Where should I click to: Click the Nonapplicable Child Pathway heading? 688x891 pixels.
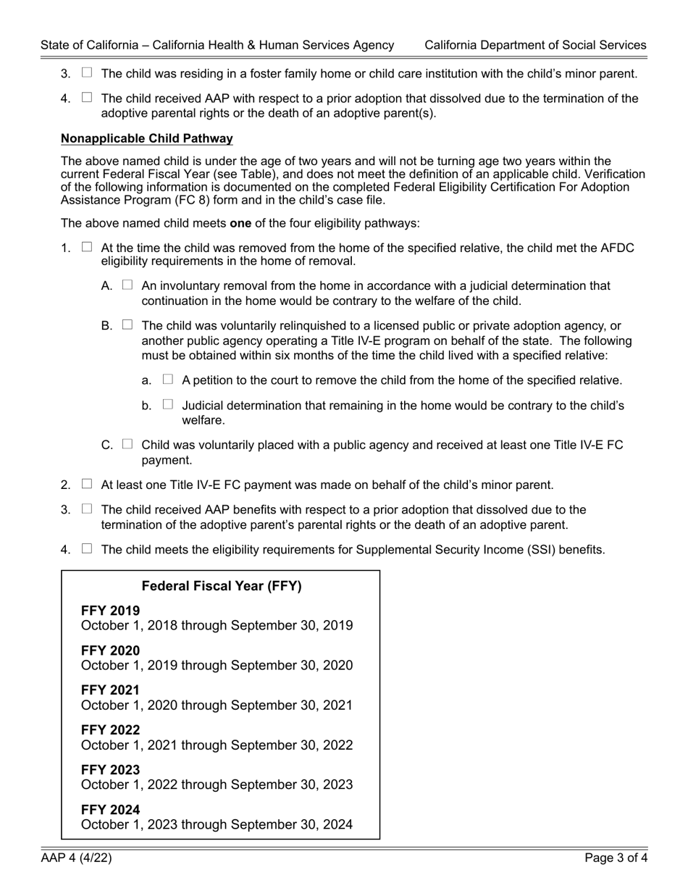[147, 138]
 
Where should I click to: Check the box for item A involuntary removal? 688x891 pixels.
[127, 285]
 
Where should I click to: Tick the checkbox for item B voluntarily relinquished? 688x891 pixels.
[127, 325]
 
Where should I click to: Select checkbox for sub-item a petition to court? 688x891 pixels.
[168, 379]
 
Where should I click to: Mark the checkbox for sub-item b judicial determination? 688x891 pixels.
[168, 404]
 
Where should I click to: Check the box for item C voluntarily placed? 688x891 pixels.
[127, 444]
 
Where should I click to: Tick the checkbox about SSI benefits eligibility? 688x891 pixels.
[87, 548]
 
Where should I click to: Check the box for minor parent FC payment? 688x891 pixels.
[87, 484]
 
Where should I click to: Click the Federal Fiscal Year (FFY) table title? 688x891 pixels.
[222, 586]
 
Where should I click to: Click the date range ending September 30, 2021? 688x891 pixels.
[217, 705]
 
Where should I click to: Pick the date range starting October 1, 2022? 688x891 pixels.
[217, 785]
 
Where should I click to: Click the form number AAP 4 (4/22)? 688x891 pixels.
[76, 859]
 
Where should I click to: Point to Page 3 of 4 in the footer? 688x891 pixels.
[616, 859]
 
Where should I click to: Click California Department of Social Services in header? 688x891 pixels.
[535, 45]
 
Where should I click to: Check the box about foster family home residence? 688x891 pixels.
[87, 72]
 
